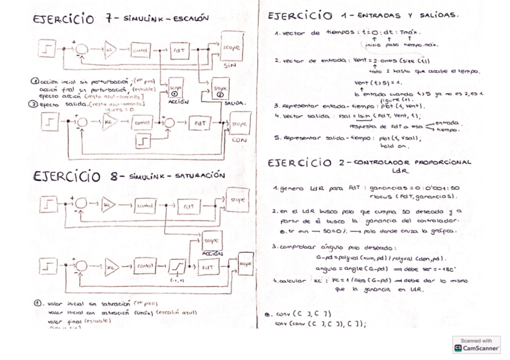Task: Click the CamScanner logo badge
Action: click(476, 344)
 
